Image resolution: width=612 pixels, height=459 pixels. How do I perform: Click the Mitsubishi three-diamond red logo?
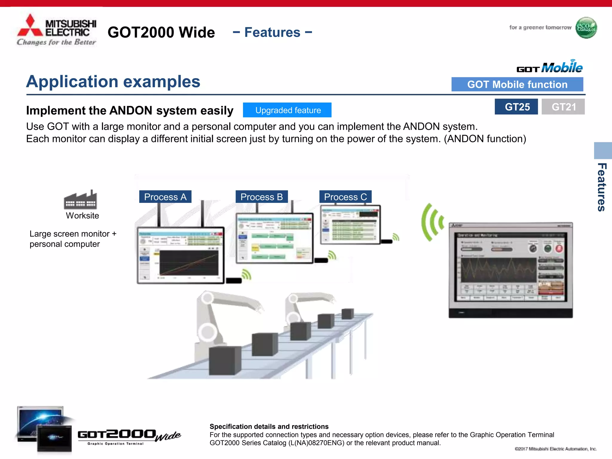(x=30, y=26)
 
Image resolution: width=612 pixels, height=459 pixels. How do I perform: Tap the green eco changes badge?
(x=586, y=28)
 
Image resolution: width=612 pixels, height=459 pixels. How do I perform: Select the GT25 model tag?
(x=516, y=107)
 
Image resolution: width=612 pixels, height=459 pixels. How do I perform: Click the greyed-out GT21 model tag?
(x=563, y=107)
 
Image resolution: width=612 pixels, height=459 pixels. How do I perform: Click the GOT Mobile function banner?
(x=517, y=85)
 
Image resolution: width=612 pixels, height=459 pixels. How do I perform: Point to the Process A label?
(x=165, y=197)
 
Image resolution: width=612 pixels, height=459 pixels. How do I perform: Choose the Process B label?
(x=261, y=197)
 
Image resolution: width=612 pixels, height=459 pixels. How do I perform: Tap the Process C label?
(x=345, y=197)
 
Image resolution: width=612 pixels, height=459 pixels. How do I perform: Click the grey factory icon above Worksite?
(x=80, y=200)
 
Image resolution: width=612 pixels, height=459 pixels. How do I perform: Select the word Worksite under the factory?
(x=82, y=215)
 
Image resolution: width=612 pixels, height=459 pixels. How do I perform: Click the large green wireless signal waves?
(x=432, y=222)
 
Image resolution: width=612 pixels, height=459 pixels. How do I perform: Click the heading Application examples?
(x=113, y=82)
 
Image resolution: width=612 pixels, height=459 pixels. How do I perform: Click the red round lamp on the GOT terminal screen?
(x=559, y=248)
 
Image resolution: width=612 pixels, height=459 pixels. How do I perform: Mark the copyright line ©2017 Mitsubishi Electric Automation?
(x=556, y=449)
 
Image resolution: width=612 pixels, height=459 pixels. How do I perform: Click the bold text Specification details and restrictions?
(x=269, y=426)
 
